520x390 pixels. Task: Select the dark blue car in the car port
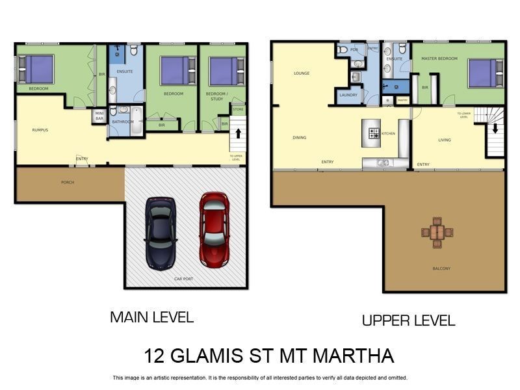[160, 232]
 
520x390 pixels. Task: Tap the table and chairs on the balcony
[437, 232]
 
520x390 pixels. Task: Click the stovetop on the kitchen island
[374, 134]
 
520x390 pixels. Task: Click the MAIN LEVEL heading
[152, 317]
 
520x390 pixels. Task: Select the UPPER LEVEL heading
[408, 320]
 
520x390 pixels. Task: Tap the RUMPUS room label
[40, 130]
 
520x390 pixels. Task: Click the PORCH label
[68, 183]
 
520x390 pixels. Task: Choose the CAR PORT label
[183, 279]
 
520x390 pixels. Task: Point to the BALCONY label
[441, 268]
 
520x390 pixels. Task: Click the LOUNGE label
[302, 73]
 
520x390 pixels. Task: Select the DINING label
[299, 138]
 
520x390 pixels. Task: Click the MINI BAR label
[100, 116]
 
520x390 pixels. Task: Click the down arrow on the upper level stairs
[495, 127]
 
